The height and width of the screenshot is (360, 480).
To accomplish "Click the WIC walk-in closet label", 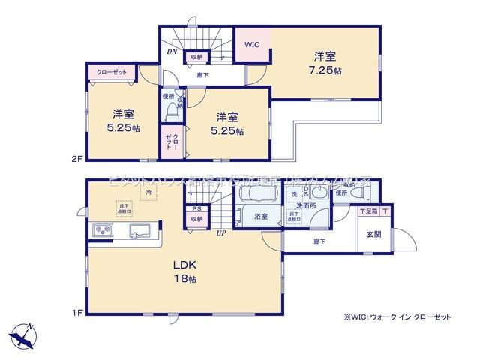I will pos(252,44).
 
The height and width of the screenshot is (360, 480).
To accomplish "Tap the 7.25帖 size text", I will pos(324,70).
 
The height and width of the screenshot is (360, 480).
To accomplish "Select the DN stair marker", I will pos(172,52).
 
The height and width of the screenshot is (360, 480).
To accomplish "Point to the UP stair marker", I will pos(221,233).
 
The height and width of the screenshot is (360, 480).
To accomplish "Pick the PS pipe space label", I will pos(196,208).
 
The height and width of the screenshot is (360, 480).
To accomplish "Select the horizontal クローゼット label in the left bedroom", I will pos(112,71).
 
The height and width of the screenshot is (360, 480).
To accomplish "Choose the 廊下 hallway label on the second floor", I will pos(202,75).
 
